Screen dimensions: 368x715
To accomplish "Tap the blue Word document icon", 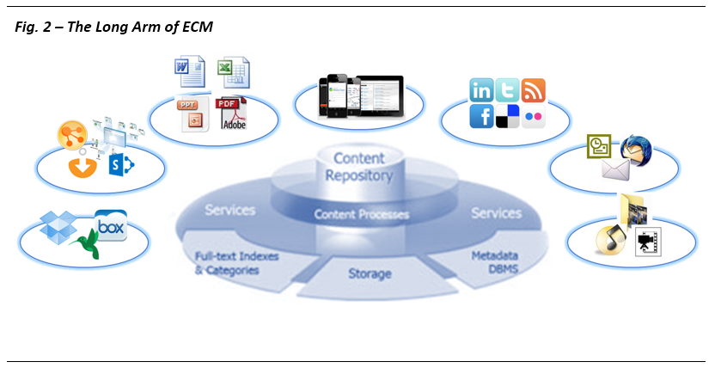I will [x=190, y=71].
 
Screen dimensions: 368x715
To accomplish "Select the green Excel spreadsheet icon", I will [x=231, y=71].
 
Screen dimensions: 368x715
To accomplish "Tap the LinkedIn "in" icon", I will [x=482, y=89].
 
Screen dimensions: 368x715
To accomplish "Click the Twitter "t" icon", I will [x=507, y=89].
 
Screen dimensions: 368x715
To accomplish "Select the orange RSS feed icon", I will [x=533, y=89].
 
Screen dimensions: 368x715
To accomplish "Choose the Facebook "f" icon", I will [x=481, y=115].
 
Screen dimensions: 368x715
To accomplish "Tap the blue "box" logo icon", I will [x=110, y=225].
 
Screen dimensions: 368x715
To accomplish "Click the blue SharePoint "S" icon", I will [x=121, y=164].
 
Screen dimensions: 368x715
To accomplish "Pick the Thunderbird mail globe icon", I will [x=636, y=150].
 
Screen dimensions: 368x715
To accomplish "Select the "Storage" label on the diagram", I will [x=370, y=274].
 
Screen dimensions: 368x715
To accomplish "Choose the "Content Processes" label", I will [x=361, y=214].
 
